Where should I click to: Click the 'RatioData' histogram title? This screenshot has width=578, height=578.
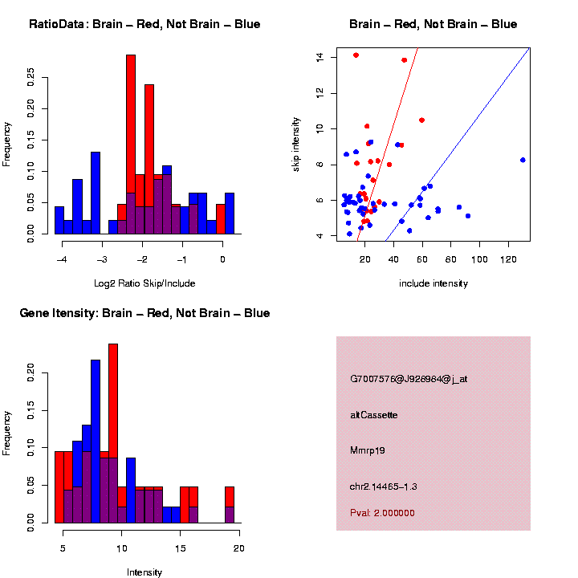pos(144,24)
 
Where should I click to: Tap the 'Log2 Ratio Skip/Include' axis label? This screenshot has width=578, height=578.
pos(144,283)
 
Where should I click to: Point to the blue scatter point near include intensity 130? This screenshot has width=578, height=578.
pos(523,160)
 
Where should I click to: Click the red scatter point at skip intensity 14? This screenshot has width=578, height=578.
pos(356,55)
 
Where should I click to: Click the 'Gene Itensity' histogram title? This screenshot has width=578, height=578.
pos(144,313)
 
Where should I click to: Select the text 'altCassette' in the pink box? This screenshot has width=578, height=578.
pos(374,415)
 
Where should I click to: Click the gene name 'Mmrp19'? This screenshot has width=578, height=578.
pos(368,450)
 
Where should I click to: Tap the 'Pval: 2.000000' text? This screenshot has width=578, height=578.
pos(382,513)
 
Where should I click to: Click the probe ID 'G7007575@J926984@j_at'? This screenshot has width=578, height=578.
pos(409,379)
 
